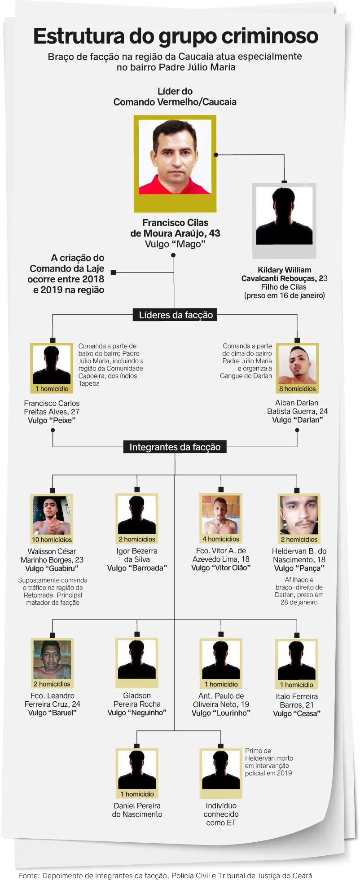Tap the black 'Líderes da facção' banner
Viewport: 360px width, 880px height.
coord(176,315)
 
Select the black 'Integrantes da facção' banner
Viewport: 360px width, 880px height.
coord(175,447)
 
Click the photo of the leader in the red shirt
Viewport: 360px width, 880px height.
coord(175,157)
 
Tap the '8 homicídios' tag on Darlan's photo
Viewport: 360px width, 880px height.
coord(297,389)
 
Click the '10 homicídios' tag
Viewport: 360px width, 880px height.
coord(52,540)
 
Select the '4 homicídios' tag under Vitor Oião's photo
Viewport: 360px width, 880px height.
coord(221,539)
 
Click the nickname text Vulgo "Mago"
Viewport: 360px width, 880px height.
coord(175,244)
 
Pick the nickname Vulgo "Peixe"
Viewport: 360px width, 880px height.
coord(52,420)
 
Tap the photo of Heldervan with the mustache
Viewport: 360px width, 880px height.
coord(299,515)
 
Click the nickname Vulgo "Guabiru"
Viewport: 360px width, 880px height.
coord(52,568)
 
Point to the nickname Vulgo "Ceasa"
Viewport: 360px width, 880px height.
coord(297,713)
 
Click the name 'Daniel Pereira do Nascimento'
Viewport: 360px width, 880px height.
coord(137,810)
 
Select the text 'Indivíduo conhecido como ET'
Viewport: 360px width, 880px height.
coord(221,814)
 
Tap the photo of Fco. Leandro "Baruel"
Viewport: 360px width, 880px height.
coord(52,659)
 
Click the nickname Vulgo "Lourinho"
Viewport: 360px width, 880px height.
coord(221,713)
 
